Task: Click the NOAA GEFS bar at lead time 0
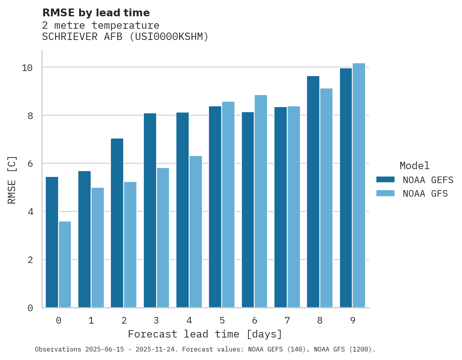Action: (x=52, y=242)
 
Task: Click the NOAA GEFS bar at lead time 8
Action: (x=313, y=192)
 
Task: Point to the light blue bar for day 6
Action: (x=261, y=201)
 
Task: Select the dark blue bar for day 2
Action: (x=117, y=223)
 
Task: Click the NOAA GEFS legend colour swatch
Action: (x=385, y=180)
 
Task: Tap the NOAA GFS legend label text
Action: (x=425, y=194)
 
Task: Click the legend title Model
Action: (x=415, y=166)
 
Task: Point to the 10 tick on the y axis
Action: (x=27, y=67)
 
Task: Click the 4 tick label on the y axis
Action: (x=30, y=212)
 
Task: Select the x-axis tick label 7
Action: (x=287, y=320)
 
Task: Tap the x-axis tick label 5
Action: (x=222, y=320)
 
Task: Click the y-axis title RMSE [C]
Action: (x=12, y=180)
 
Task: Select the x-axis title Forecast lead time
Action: (x=205, y=334)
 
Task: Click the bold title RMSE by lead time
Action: (x=96, y=13)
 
